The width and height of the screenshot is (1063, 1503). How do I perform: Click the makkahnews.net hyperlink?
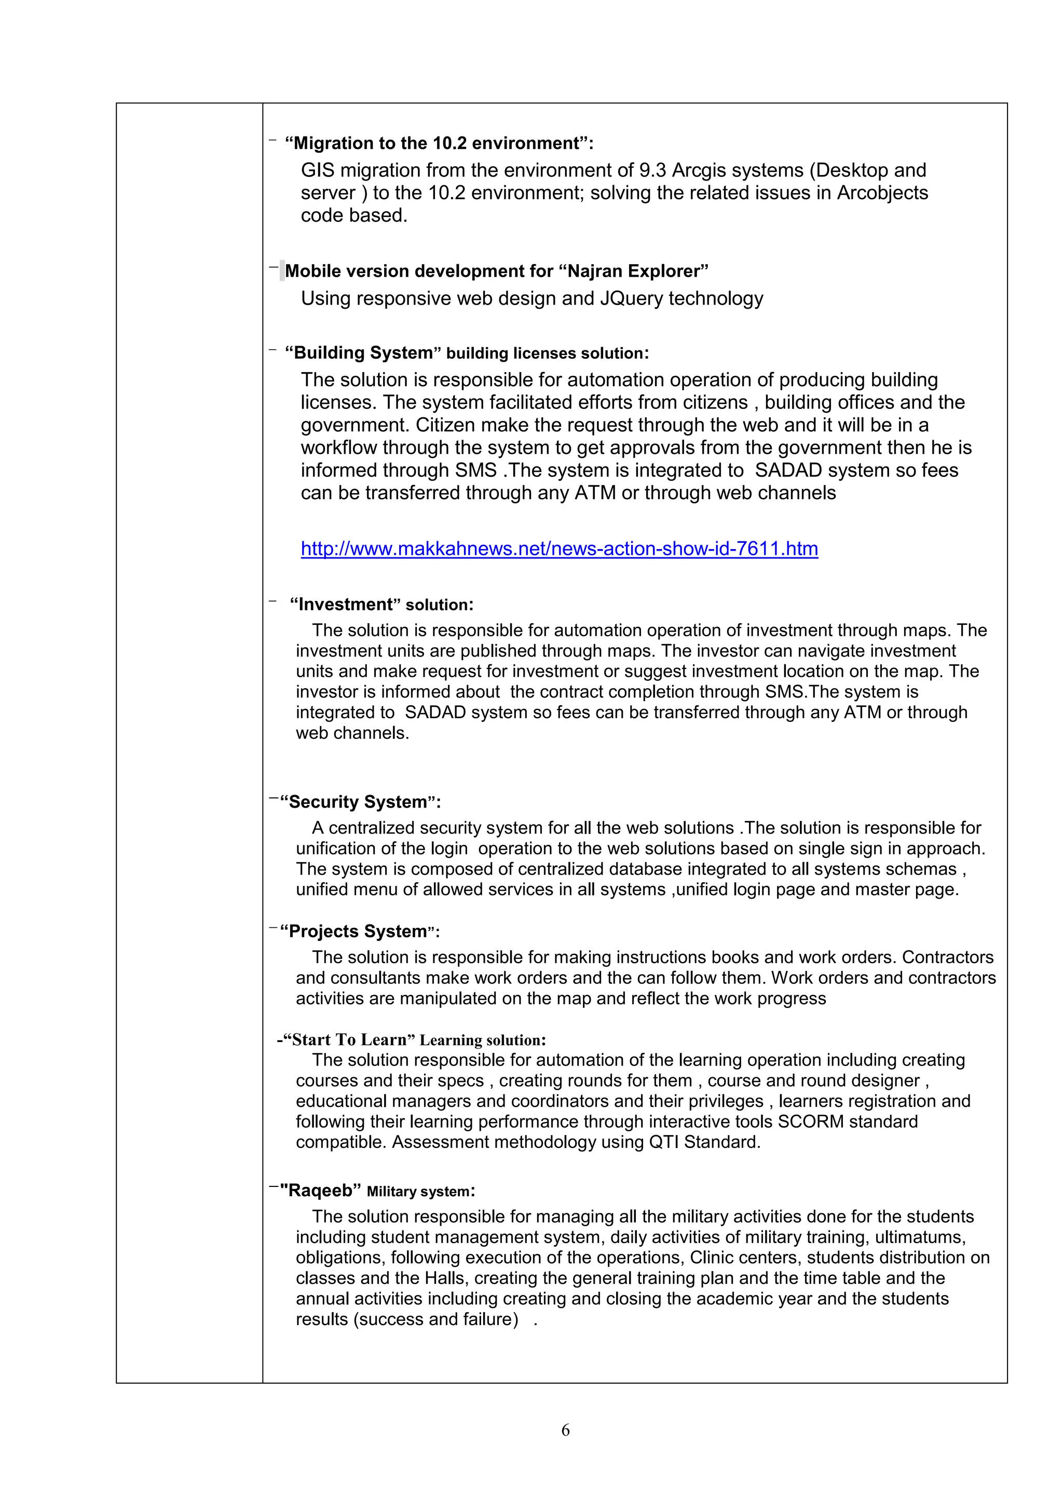pos(559,549)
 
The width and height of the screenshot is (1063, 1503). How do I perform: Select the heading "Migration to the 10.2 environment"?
pos(439,143)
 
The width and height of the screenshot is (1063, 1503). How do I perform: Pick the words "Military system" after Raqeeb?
pos(418,1192)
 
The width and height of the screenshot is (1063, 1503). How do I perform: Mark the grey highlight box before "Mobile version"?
pos(282,270)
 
